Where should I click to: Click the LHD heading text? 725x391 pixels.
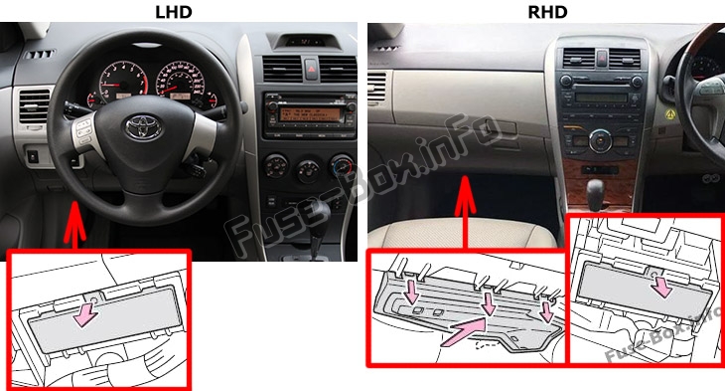175,11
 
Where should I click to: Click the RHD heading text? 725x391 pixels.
546,11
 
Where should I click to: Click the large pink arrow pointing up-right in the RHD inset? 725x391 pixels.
466,331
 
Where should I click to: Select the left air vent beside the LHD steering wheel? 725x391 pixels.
33,107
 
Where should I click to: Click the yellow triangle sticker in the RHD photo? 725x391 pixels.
668,116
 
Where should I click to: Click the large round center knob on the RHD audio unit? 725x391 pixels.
599,139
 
